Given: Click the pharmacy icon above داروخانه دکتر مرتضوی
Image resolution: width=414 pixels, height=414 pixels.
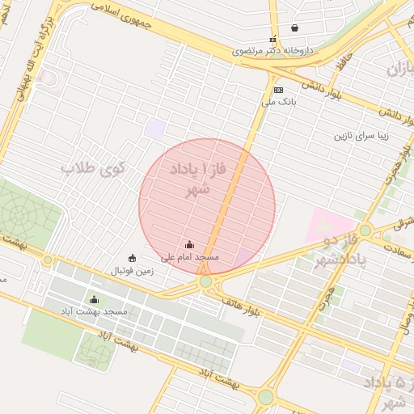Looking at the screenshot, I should coord(272,39).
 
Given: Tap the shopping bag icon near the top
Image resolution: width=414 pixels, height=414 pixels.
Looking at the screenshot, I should coord(294,28).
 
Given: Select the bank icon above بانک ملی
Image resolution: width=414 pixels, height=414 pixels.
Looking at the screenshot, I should coord(279,90).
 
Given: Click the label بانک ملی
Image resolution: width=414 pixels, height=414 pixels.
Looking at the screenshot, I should coord(280,102).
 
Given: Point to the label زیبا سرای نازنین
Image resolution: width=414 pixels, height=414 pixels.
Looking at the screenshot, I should coord(362,136).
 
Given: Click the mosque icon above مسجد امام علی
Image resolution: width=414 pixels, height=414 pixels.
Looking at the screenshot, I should coord(189,245).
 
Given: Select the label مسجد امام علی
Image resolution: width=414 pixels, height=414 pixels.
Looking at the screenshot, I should coord(190,257).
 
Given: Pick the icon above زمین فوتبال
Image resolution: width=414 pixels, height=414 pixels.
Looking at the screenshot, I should coord(133,258).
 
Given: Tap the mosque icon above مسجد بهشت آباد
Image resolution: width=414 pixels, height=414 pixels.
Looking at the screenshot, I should coord(94,300).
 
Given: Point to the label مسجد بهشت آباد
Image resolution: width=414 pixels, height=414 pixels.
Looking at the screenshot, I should coord(94,311).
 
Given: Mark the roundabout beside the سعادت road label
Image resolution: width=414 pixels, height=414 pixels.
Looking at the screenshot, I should coord(365,230).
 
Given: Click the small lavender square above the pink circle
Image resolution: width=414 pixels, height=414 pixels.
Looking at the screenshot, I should coord(154,128).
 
